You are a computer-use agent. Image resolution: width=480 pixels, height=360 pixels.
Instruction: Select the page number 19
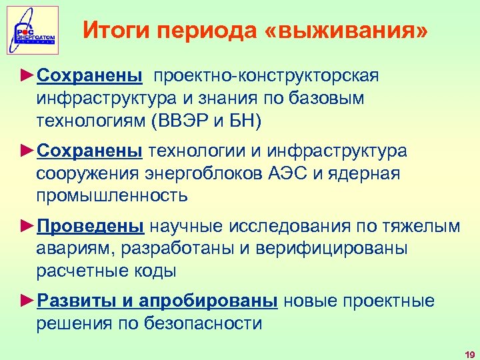tap(469, 353)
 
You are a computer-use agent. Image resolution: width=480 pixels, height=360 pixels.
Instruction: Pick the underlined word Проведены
tap(91, 226)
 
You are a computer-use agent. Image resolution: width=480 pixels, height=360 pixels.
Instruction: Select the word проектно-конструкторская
tap(266, 75)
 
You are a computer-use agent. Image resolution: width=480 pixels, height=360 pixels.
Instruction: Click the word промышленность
tap(112, 196)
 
